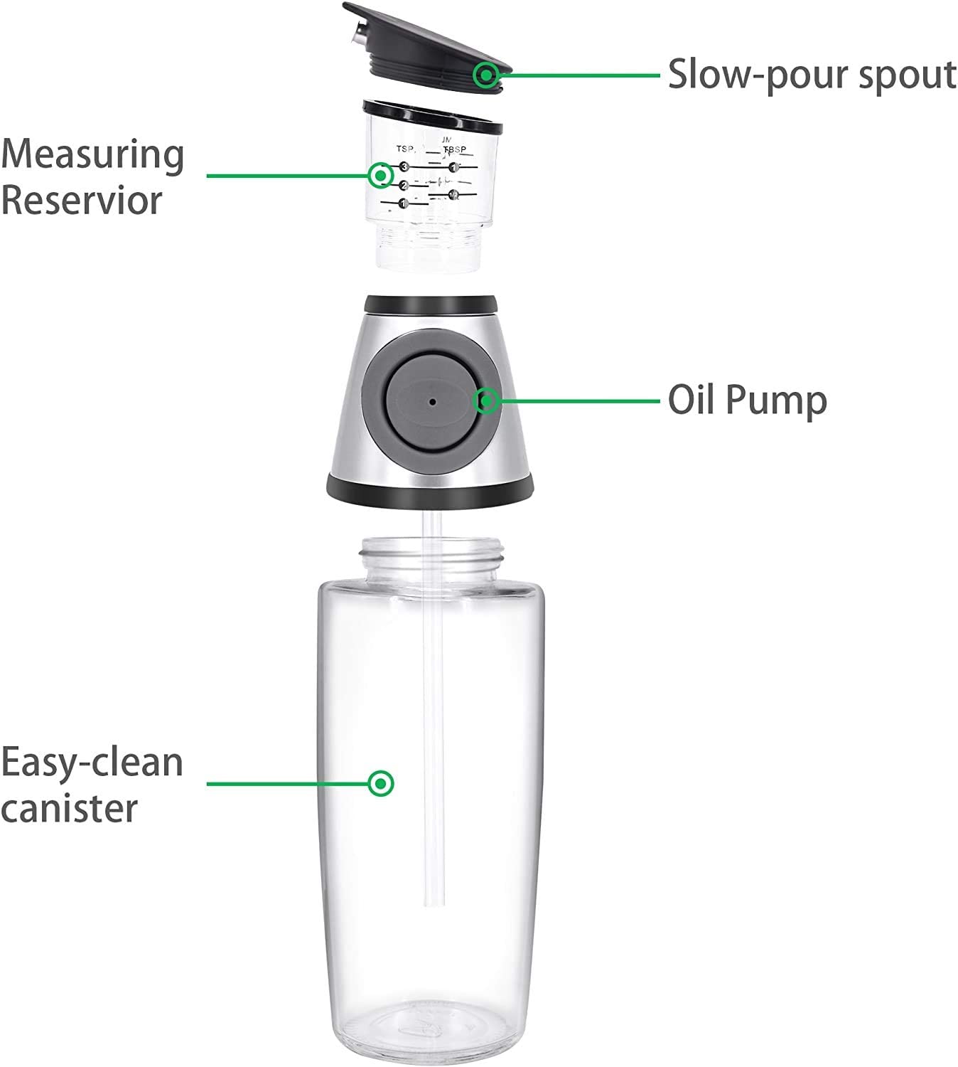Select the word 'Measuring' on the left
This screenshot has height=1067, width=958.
tap(93, 154)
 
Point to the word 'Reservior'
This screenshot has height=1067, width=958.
tap(82, 200)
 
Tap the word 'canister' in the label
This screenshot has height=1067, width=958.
tap(69, 809)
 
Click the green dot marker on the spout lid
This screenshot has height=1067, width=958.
tap(487, 74)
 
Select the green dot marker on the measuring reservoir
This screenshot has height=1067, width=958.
tap(381, 175)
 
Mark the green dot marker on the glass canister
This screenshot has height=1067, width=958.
tap(382, 783)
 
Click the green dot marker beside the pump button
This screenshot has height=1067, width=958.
tap(487, 401)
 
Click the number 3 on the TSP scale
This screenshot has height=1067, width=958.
tap(404, 166)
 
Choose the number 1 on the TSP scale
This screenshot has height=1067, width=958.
tap(403, 203)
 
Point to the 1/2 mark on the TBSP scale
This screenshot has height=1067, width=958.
tap(453, 194)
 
